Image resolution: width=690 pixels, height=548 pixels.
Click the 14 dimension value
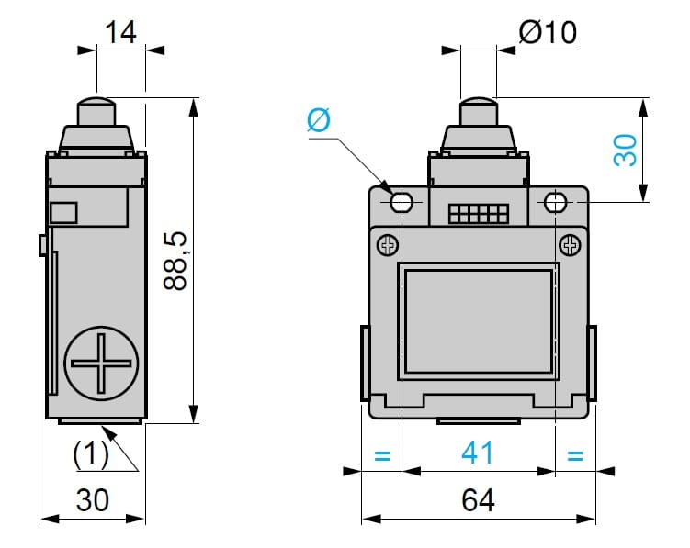click(120, 33)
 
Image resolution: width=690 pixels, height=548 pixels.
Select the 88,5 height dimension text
click(175, 262)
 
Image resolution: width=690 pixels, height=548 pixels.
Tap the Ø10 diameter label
click(548, 33)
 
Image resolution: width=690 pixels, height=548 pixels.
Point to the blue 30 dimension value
click(625, 149)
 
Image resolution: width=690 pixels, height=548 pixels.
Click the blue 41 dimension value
click(477, 453)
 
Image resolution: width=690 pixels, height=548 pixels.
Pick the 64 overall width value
click(478, 500)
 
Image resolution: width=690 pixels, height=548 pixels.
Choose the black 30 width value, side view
click(92, 500)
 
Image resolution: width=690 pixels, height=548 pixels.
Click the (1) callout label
click(91, 452)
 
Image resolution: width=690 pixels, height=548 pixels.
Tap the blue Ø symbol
click(318, 120)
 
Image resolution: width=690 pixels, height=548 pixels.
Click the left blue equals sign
click(382, 453)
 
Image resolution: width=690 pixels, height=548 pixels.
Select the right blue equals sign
click(575, 453)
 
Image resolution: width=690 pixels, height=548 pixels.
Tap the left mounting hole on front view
click(402, 203)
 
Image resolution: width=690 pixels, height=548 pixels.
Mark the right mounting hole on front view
click(555, 203)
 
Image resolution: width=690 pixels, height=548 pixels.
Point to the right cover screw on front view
click(569, 245)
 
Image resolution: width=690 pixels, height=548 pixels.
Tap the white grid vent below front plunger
click(478, 214)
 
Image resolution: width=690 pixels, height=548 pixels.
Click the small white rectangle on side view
click(64, 213)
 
